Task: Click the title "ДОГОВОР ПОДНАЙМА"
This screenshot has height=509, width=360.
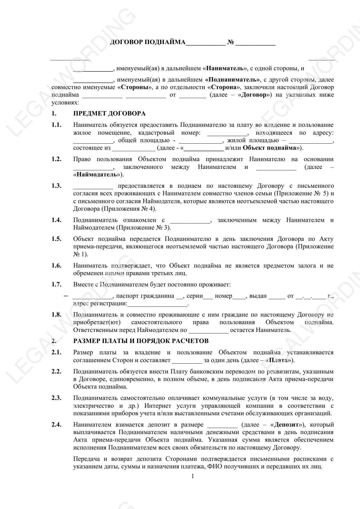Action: tap(147, 42)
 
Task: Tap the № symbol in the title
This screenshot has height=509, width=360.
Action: tap(231, 42)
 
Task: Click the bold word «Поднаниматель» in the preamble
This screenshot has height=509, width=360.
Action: tap(232, 80)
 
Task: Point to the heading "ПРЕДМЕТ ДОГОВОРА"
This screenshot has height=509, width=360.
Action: tap(109, 113)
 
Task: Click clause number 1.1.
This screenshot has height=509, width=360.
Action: tap(57, 125)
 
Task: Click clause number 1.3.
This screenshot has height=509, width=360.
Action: tap(57, 186)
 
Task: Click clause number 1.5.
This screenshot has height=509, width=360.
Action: tap(57, 239)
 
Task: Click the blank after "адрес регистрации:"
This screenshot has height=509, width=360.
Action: tap(158, 304)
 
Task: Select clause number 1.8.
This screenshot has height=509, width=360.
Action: tap(57, 315)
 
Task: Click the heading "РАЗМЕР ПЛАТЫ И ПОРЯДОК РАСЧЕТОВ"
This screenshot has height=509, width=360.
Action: tap(141, 341)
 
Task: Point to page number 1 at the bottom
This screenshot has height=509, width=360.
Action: tap(193, 476)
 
